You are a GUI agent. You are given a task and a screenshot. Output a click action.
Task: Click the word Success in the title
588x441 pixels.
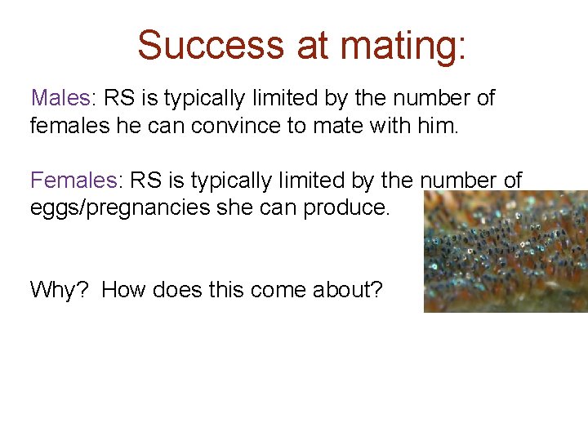(212, 46)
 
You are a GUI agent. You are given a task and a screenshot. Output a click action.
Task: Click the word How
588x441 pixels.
(123, 290)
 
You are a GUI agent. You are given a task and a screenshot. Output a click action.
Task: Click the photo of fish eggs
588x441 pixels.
(506, 252)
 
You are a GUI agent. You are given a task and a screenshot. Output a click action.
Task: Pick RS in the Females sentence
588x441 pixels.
(146, 180)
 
